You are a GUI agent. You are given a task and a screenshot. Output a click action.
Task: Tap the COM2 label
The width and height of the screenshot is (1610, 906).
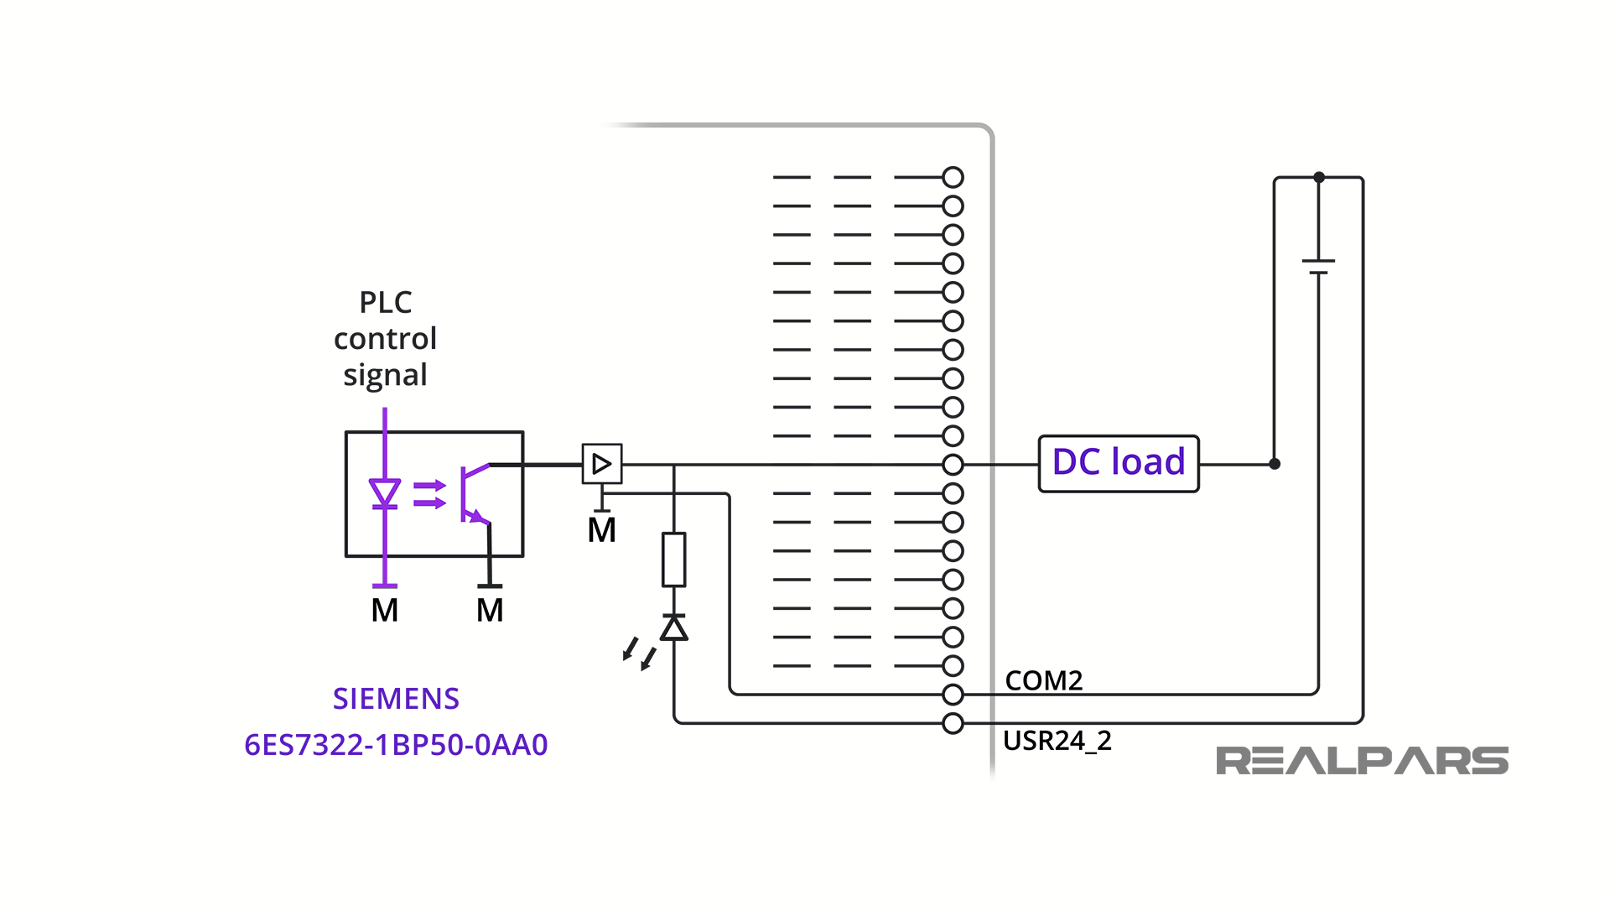(x=1044, y=680)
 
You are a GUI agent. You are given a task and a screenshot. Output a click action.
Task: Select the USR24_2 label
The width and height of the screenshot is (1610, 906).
(x=1057, y=741)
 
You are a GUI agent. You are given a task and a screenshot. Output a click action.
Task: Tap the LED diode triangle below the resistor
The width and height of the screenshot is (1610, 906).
(x=674, y=627)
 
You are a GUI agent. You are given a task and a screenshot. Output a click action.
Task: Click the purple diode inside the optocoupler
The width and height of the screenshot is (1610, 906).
(x=385, y=493)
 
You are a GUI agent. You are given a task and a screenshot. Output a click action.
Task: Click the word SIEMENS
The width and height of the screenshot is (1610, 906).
(x=396, y=699)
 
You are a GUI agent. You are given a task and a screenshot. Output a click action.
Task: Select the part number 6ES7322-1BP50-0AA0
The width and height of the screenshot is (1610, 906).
(x=396, y=745)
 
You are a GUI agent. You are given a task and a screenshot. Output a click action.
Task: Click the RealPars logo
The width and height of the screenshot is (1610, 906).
(x=1362, y=761)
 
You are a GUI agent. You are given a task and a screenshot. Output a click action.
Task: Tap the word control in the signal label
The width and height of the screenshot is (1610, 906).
(x=385, y=338)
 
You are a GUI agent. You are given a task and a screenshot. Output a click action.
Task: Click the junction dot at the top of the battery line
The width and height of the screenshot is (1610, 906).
(x=1319, y=177)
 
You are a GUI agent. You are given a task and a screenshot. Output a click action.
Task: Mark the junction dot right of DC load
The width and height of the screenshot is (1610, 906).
(x=1275, y=464)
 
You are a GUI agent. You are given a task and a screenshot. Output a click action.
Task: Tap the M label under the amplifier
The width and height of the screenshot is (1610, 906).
(x=602, y=530)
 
